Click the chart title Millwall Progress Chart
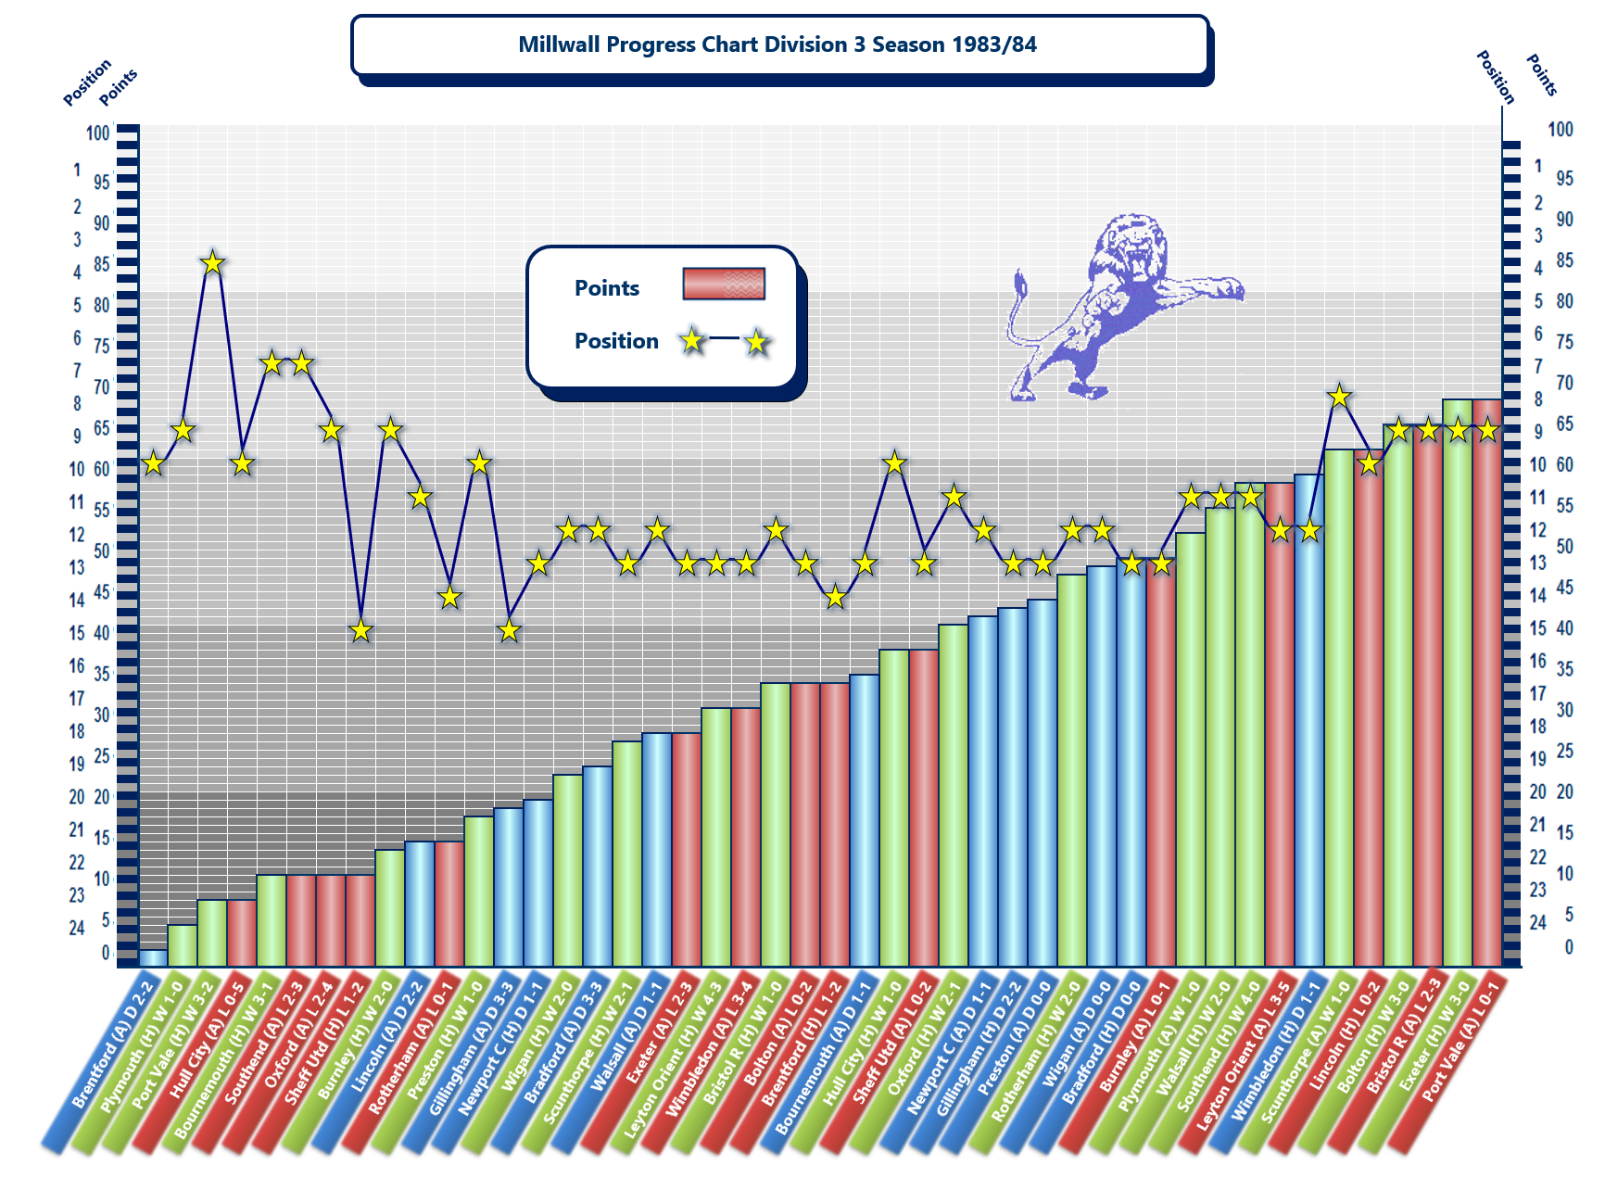777,44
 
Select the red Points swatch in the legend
723,284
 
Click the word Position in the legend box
616,341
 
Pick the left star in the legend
691,340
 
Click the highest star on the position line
212,263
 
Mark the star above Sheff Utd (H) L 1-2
360,631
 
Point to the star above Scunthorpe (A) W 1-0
1339,397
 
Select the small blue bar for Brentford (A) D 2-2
153,956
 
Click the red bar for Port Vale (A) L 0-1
1487,681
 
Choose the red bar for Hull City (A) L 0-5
242,931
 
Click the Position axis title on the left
87,82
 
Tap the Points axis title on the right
1541,75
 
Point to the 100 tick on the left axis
98,133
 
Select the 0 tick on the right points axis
1569,946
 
